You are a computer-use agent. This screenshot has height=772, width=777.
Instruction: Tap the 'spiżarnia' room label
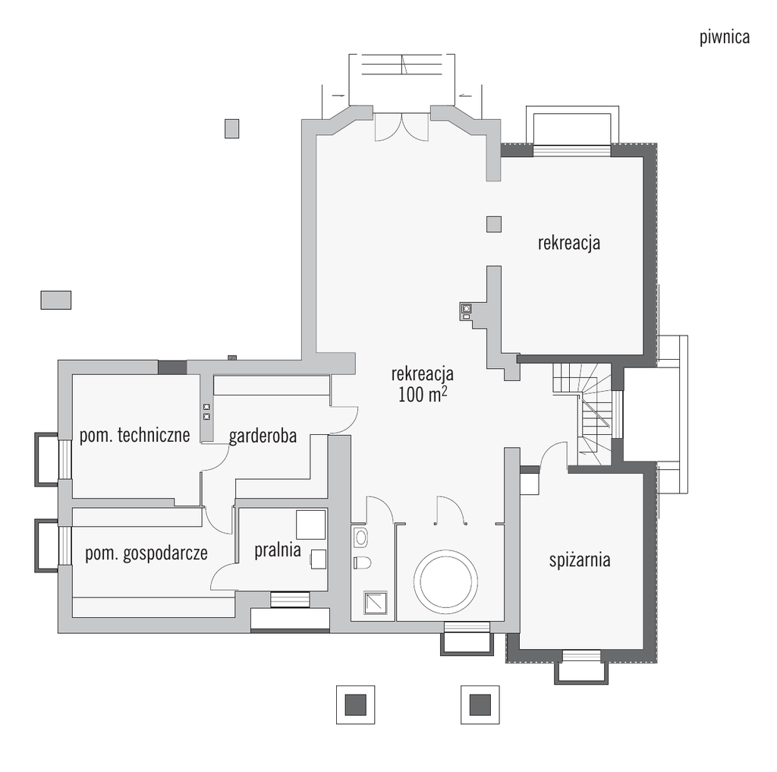coord(579,560)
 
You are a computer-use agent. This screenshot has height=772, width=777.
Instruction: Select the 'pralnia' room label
coord(278,550)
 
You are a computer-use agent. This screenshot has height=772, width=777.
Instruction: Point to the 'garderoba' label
coord(263,436)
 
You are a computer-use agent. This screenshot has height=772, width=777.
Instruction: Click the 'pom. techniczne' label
coord(135,435)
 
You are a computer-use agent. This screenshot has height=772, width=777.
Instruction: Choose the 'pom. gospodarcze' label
coord(146,553)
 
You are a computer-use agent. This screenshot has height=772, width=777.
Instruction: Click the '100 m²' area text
coord(423,395)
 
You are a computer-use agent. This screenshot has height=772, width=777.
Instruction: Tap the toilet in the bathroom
coord(362,562)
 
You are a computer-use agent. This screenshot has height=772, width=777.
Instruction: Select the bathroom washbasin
coord(360,537)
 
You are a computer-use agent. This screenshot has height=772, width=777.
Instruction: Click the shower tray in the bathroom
coord(376,603)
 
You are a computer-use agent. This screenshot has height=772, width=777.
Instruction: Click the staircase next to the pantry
coord(582,414)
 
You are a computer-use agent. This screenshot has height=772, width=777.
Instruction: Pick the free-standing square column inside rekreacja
coord(493,224)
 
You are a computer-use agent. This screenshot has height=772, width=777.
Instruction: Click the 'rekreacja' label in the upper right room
coord(569,244)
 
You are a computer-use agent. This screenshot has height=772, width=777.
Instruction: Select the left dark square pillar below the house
coord(355,704)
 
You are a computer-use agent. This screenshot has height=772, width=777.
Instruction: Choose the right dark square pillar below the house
coord(480,704)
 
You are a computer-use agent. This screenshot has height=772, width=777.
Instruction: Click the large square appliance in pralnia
coord(310,525)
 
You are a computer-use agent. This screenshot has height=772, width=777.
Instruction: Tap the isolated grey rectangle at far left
coord(56,300)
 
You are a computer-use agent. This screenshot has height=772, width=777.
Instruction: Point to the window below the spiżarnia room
coord(581,656)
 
